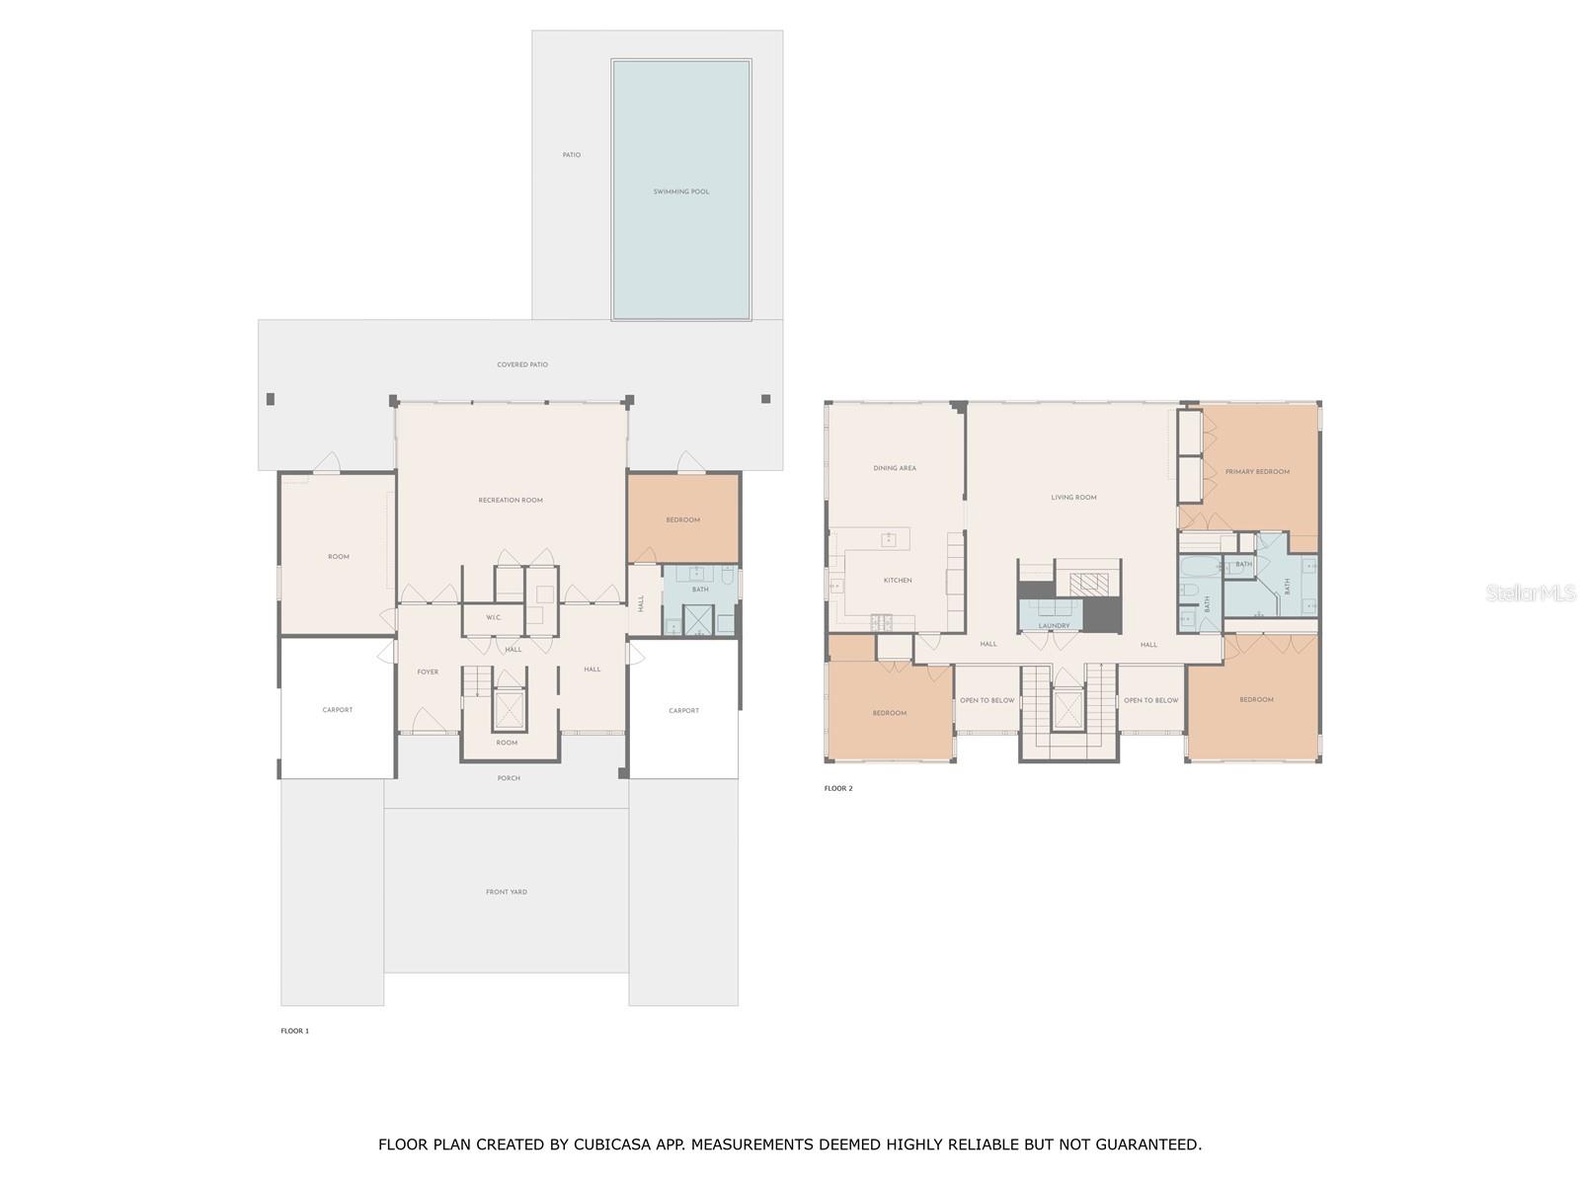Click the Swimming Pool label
coord(680,192)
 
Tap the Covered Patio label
coord(522,364)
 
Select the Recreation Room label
coord(511,501)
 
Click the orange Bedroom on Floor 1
coord(682,520)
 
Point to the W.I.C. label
coord(494,618)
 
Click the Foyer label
coord(428,672)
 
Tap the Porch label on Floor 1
coord(509,778)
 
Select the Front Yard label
coord(506,892)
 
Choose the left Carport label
coord(337,710)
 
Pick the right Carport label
coord(683,711)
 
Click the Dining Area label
coord(895,468)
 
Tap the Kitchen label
coord(898,581)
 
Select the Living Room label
coord(1073,498)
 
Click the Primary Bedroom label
coord(1257,472)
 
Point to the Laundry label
coord(1054,626)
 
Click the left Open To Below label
coord(987,700)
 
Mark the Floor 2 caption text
coord(838,788)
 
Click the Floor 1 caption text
coord(294,1031)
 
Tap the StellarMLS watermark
coord(1532,592)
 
